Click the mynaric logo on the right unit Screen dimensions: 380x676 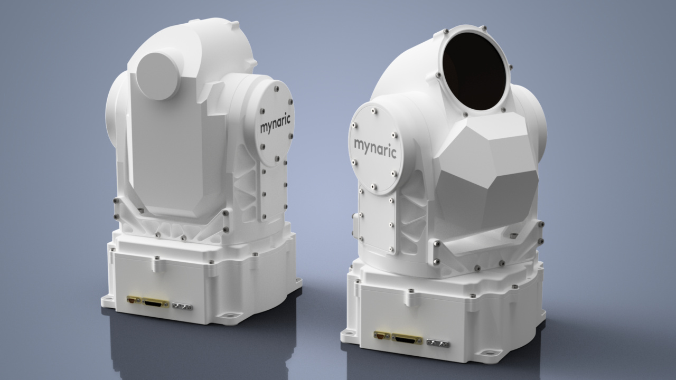point(375,144)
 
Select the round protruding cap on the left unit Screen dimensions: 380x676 point(158,75)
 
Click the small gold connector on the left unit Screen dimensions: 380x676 point(132,300)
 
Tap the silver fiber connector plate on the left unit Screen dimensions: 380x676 point(182,306)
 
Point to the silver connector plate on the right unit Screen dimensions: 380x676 point(437,344)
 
